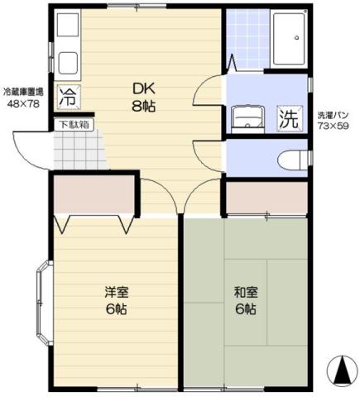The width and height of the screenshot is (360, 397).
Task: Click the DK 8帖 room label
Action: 144,98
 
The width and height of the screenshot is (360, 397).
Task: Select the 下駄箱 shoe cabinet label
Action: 74,125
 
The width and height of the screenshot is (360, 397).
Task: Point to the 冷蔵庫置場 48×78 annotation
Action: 23,99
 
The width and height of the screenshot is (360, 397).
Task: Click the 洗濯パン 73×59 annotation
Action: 334,119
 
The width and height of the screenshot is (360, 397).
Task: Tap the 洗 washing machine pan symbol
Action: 288,117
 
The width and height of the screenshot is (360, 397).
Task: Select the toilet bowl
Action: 290,158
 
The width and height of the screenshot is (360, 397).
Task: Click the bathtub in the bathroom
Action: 290,38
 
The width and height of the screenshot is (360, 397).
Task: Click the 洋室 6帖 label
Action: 115,300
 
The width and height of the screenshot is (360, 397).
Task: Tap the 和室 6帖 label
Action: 244,300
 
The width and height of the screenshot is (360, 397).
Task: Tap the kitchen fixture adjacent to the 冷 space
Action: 67,50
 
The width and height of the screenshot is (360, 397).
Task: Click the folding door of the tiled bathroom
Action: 231,62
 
